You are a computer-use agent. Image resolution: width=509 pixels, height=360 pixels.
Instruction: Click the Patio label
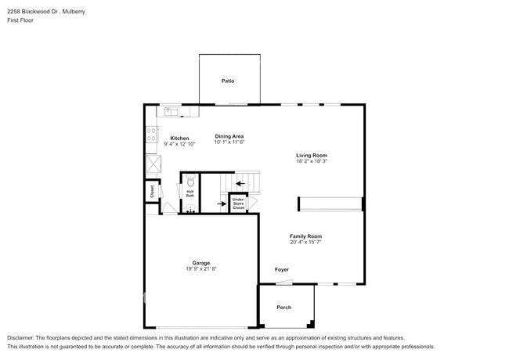point(227,81)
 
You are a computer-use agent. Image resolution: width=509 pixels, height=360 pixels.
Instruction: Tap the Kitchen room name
point(179,138)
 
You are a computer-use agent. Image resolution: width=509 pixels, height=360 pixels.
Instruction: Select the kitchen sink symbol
point(169,112)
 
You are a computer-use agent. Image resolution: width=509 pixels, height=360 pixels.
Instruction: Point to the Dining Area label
point(229,136)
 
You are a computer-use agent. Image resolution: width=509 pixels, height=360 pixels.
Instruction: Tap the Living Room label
point(311,154)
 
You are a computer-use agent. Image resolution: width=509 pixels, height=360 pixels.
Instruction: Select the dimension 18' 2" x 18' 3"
point(311,161)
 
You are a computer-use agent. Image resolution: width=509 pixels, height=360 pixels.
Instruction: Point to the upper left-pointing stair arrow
point(239,184)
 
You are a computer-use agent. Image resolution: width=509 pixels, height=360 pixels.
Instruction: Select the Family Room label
point(305,236)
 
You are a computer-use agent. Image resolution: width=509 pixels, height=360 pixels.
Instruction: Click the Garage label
point(201,262)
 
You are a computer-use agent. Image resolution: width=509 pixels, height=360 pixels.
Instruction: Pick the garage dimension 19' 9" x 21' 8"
point(201,269)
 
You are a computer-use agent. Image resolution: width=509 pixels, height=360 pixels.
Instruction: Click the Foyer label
point(282,269)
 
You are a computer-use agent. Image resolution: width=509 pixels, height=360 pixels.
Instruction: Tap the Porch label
point(284,307)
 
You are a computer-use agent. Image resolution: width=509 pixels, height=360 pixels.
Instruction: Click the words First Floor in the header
point(21,20)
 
